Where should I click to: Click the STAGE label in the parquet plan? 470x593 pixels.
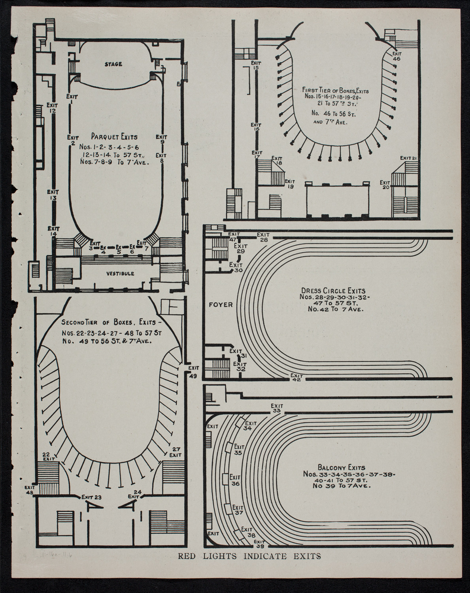coord(114,64)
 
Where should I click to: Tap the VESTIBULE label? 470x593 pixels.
coord(120,274)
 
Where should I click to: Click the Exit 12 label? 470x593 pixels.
coord(52,108)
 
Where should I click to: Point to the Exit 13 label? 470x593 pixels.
coord(53,195)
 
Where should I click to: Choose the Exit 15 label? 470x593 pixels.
coord(256,65)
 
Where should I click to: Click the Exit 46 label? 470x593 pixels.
coord(396,55)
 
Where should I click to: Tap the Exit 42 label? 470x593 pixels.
coord(296,378)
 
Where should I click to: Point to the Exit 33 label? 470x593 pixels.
coord(277,408)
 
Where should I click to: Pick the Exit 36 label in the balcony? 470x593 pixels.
coord(235,480)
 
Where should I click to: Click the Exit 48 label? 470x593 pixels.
coord(30,490)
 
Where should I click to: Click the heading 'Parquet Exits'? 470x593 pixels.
coord(114,137)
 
